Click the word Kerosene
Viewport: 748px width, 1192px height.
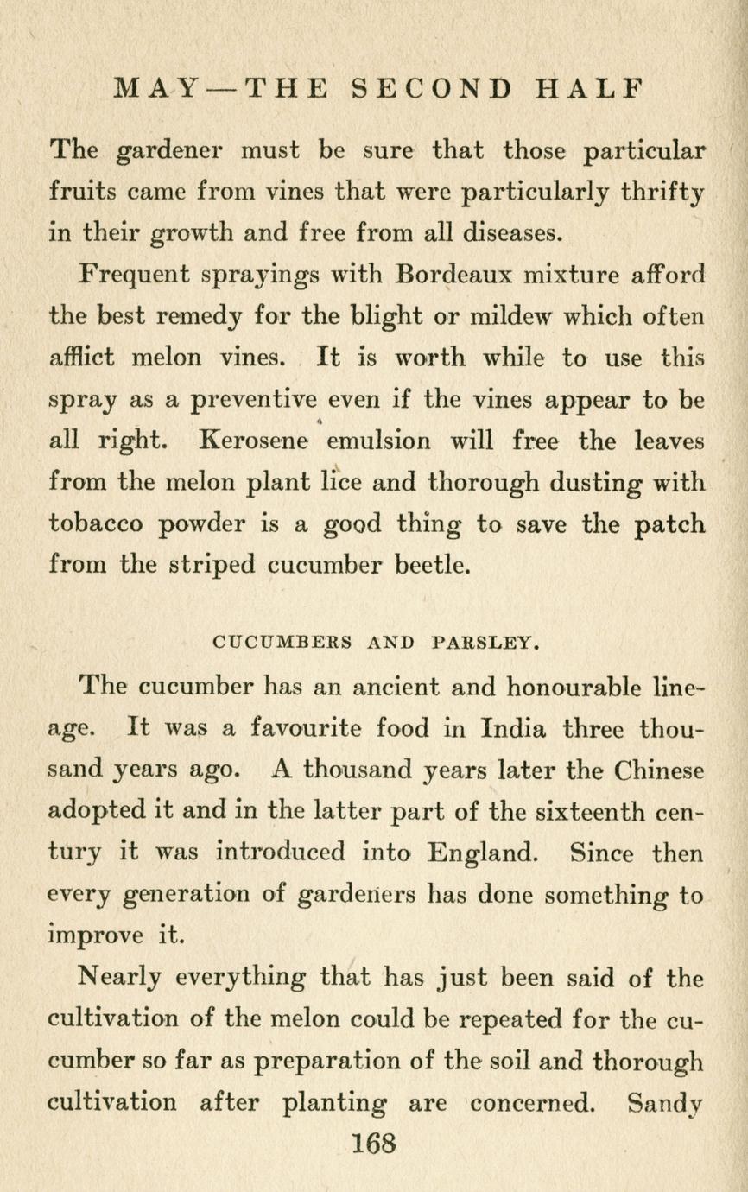pyautogui.click(x=254, y=441)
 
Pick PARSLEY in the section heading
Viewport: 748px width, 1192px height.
pyautogui.click(x=485, y=643)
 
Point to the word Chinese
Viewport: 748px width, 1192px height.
pyautogui.click(x=649, y=770)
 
